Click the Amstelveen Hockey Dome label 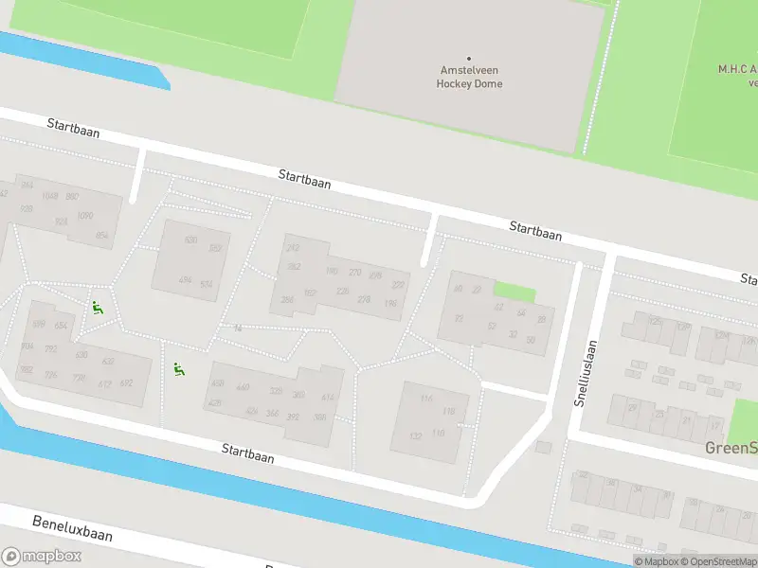point(469,77)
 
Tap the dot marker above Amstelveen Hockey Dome point(469,59)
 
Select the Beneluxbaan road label point(72,528)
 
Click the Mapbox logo point(41,556)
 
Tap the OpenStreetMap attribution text point(716,561)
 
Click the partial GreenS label point(731,448)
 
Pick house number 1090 point(85,216)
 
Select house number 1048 point(49,196)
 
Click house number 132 point(415,435)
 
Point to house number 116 point(425,399)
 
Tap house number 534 point(207,284)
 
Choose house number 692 point(126,382)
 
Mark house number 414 point(328,397)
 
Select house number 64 point(521,312)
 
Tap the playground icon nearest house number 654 point(97,307)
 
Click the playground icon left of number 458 point(178,368)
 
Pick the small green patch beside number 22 point(514,293)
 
